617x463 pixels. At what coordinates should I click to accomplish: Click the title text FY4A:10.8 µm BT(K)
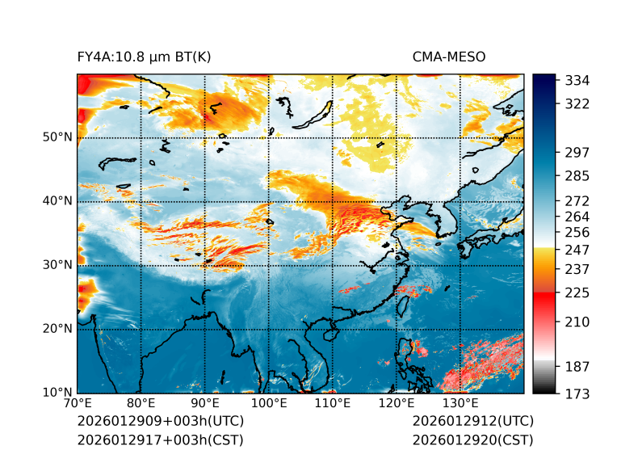click(x=144, y=57)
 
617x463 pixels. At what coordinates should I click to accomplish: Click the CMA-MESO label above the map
click(x=449, y=57)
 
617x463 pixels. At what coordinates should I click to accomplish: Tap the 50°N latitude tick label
click(x=57, y=137)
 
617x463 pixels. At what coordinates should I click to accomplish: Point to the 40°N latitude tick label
click(x=57, y=201)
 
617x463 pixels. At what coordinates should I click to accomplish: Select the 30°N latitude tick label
click(x=57, y=265)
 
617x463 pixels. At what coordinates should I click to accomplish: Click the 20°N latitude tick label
click(x=57, y=329)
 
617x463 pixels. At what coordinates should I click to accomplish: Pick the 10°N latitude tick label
click(x=57, y=394)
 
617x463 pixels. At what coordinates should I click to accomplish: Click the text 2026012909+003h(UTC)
click(x=160, y=421)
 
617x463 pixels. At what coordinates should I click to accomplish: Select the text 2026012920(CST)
click(x=472, y=440)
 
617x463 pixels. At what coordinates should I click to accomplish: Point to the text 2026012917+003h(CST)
click(x=160, y=440)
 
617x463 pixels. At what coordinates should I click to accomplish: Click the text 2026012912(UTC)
click(x=472, y=421)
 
